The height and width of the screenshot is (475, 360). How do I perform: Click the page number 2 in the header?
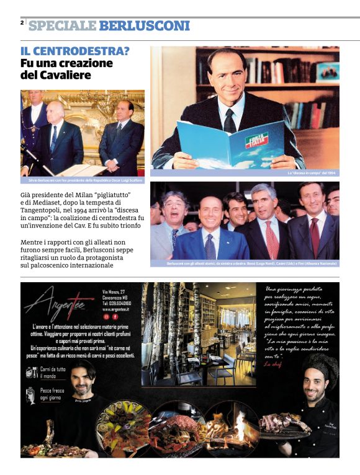tap(22, 23)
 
